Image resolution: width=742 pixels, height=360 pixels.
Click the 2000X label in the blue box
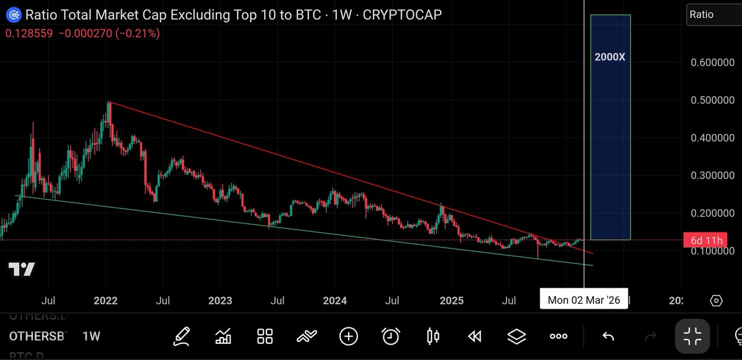pos(610,57)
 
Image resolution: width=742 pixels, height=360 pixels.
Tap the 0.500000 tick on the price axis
pos(710,100)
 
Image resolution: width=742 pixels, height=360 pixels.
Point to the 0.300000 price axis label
pos(710,176)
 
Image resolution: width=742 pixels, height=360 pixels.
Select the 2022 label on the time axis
pos(105,301)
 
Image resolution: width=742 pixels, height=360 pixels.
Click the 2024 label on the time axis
pos(335,301)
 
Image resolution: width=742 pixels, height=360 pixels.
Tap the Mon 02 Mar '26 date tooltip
pos(584,301)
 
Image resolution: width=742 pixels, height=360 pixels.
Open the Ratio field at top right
pos(711,14)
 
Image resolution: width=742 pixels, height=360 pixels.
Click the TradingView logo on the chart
pos(22,269)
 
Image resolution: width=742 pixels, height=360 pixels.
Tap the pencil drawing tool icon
pos(181,336)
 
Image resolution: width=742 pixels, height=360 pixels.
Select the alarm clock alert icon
pos(390,336)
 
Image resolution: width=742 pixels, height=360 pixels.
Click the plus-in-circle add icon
pos(349,336)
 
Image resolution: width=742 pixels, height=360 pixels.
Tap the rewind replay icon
pos(475,336)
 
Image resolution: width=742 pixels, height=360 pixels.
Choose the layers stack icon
pos(516,336)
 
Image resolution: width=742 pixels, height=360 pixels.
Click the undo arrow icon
pos(608,336)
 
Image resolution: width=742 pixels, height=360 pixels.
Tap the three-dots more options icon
pos(558,336)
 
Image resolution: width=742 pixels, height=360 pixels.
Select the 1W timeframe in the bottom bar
pos(91,336)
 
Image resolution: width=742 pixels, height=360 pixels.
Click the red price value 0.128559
pos(29,33)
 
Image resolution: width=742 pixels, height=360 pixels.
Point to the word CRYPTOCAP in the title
pos(403,14)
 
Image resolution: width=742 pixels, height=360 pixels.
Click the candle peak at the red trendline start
pos(109,103)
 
